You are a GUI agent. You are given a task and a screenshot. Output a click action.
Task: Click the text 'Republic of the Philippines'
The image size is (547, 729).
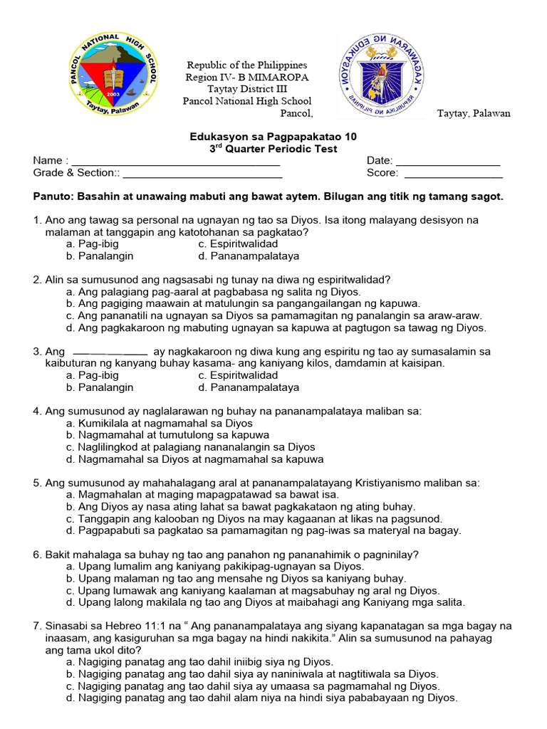pyautogui.click(x=246, y=65)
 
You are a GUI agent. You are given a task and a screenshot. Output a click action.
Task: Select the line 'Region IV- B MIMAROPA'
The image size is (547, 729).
pyautogui.click(x=246, y=77)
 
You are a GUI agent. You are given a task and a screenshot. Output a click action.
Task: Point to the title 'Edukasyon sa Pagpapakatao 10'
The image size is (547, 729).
pyautogui.click(x=273, y=137)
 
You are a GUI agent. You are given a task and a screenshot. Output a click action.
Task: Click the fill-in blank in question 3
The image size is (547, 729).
pyautogui.click(x=110, y=352)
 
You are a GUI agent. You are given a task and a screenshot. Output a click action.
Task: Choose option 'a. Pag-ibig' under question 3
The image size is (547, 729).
pyautogui.click(x=92, y=375)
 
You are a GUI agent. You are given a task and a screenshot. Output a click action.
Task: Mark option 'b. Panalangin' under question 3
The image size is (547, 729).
pyautogui.click(x=99, y=387)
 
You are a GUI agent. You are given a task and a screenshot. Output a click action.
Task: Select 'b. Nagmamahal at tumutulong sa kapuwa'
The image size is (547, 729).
pyautogui.click(x=167, y=434)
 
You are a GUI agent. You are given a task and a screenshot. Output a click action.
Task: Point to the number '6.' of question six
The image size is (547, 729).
pyautogui.click(x=38, y=555)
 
